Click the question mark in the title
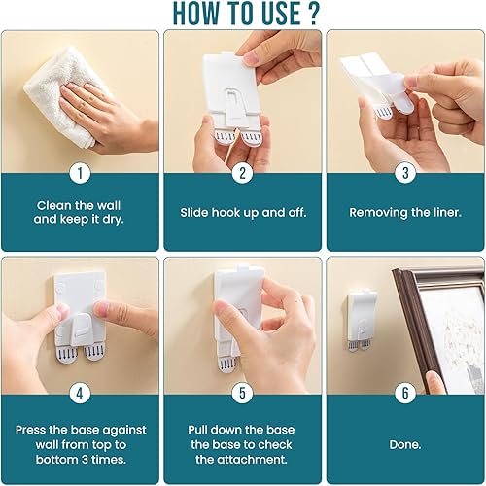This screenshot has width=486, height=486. pos(313,13)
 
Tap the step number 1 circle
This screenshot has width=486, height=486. pos(80,173)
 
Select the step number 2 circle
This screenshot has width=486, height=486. pos(243,173)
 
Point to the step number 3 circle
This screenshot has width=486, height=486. pos(405,173)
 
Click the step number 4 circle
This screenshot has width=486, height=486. pos(80,394)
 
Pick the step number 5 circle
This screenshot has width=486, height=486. pos(243,394)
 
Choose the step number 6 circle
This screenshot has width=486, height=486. pos(405,394)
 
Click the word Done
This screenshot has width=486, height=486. pos(405,444)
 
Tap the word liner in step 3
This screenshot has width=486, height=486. pos(447,213)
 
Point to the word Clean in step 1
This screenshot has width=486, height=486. pos(53,205)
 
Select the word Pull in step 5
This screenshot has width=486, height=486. pos(197,430)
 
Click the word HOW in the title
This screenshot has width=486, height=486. pos(195,14)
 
